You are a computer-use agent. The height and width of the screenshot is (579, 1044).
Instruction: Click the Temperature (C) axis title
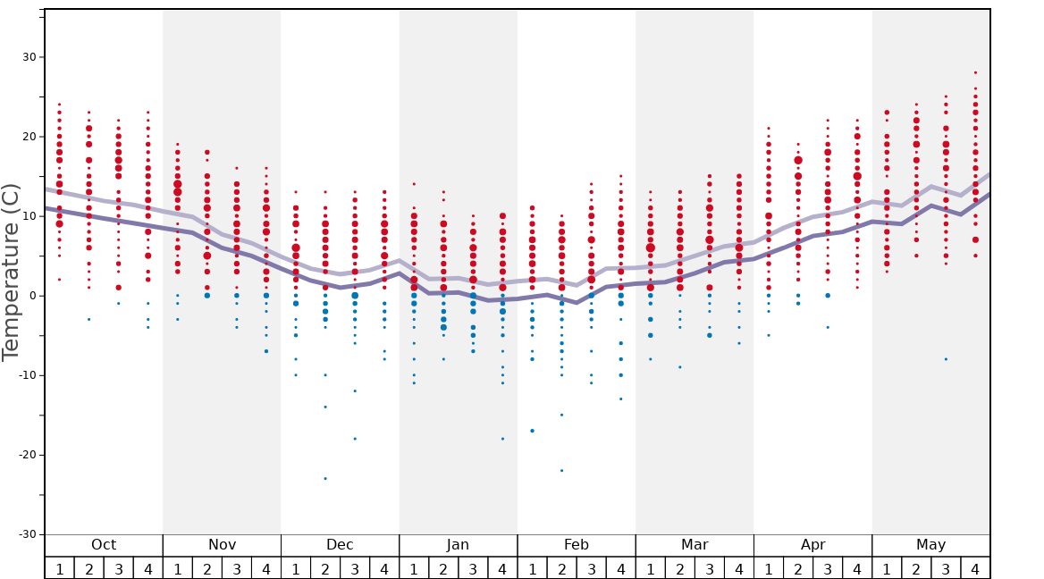[x=12, y=272]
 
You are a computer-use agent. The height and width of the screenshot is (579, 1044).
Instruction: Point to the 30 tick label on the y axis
[x=28, y=57]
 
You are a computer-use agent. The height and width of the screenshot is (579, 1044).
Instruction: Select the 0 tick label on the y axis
[x=31, y=296]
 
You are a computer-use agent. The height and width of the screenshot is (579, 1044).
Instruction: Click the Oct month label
[x=104, y=545]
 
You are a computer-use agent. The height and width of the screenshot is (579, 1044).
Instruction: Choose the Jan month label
[x=458, y=545]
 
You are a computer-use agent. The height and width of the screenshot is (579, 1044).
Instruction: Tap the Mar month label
[x=695, y=545]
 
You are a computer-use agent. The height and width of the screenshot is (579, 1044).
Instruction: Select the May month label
[x=930, y=545]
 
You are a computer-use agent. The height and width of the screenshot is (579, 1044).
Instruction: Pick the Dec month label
[x=340, y=545]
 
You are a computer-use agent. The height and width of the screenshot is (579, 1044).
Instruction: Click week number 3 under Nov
[x=237, y=568]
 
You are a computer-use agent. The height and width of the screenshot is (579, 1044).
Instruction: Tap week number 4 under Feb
[x=620, y=568]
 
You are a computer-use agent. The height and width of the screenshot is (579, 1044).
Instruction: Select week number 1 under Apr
[x=769, y=568]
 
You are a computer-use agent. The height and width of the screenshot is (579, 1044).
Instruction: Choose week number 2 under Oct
[x=88, y=568]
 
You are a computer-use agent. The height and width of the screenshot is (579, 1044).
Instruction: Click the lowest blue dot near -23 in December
[x=325, y=478]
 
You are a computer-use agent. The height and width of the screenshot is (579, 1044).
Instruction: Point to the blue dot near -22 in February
[x=561, y=470]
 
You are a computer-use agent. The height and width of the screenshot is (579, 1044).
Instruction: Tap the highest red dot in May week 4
[x=975, y=72]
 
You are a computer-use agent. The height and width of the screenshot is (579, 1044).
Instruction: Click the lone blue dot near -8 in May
[x=946, y=359]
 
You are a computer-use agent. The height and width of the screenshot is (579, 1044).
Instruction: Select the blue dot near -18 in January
[x=502, y=439]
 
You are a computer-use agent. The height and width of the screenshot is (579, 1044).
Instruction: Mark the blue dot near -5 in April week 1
[x=769, y=335]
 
